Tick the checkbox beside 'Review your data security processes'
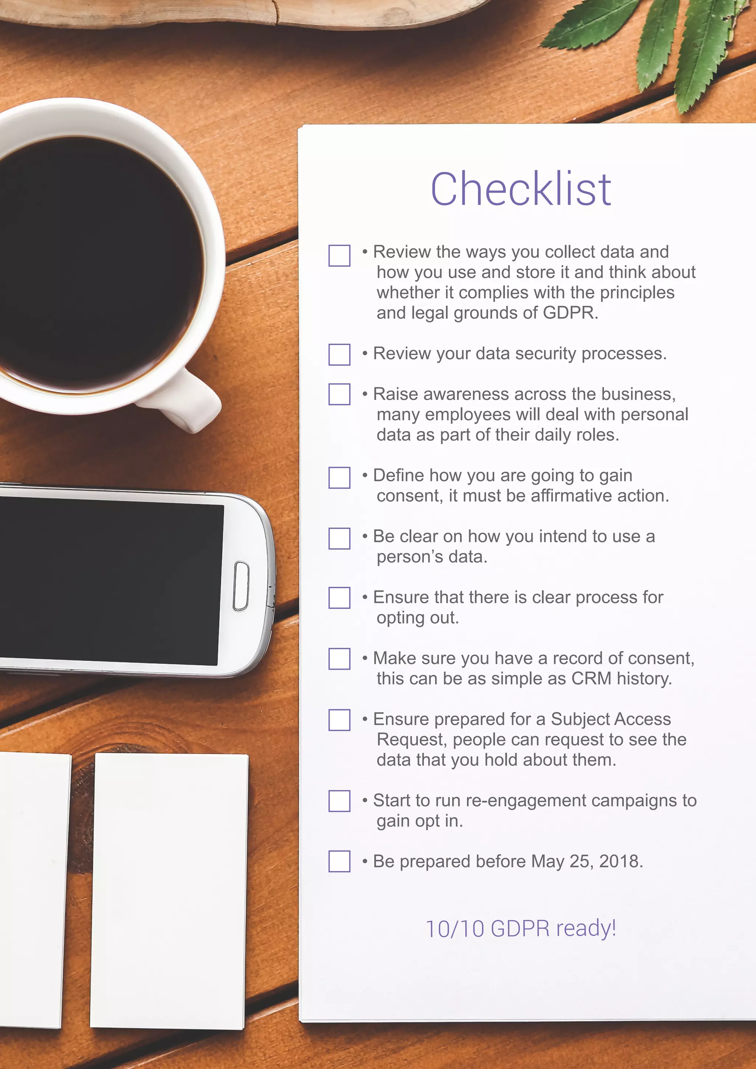339,354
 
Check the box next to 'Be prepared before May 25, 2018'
339,861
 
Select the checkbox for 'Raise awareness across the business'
339,394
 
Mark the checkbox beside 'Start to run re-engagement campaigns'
339,801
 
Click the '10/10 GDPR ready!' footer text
520,928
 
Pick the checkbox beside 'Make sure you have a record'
339,659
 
